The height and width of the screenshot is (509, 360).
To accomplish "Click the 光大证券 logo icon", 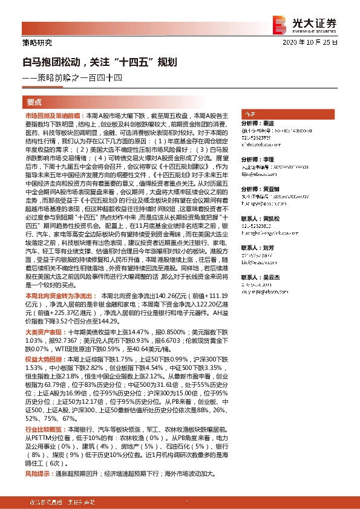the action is (x=280, y=24).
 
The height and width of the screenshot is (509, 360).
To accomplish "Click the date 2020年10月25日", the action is (x=315, y=43).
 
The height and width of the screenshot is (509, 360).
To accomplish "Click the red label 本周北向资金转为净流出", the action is (x=59, y=296).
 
